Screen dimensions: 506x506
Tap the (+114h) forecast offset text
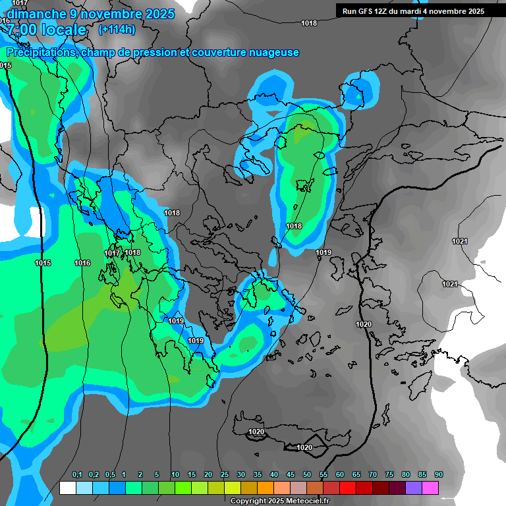[117, 30]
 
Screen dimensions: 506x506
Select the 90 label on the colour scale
[439, 475]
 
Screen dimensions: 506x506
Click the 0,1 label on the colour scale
[77, 475]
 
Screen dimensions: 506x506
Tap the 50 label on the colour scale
[307, 475]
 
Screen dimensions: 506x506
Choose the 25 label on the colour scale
[225, 475]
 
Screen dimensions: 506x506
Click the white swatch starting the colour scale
[67, 488]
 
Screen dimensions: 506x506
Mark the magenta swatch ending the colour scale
[430, 488]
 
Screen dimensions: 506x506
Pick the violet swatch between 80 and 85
[414, 488]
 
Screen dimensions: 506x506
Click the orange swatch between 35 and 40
[266, 488]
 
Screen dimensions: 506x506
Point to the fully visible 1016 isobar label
[82, 264]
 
